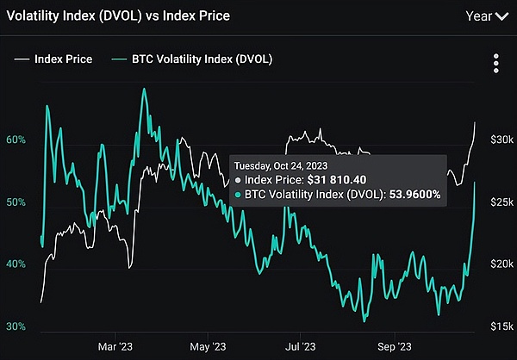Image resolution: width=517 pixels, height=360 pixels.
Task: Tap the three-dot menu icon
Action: pos(495,65)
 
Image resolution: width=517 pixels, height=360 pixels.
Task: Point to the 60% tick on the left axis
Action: pos(15,140)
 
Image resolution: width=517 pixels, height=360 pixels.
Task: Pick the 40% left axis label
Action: pos(15,264)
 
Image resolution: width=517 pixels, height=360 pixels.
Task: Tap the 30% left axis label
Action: pos(15,326)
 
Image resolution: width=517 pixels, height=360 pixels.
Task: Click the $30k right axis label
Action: pos(501,140)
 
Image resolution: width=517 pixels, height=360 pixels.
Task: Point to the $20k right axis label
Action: pos(501,264)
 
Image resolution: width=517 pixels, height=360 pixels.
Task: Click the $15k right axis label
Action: pos(501,326)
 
